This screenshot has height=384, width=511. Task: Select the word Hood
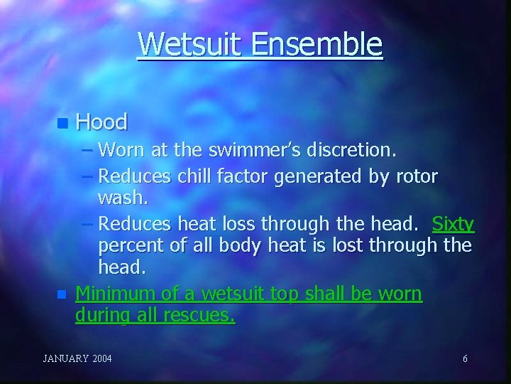101,122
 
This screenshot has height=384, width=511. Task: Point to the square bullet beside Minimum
62,293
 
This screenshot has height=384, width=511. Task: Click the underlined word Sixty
453,225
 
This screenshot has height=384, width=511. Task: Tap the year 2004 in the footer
101,358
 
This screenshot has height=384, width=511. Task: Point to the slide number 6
465,358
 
